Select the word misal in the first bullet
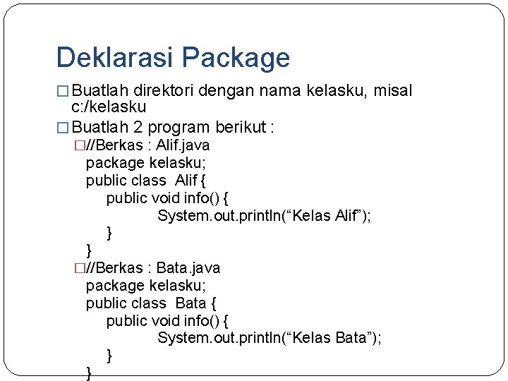pos(393,91)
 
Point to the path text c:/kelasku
pos(109,107)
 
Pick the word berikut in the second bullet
pos(242,128)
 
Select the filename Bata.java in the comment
pos(188,268)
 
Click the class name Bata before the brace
pos(190,303)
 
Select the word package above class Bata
pos(115,286)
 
